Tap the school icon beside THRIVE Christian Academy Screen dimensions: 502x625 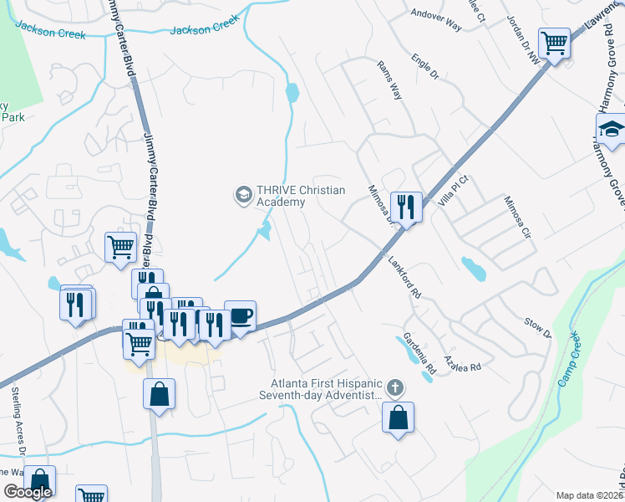click(x=243, y=195)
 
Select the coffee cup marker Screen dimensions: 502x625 click(x=240, y=317)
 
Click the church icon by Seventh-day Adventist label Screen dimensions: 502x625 click(x=395, y=387)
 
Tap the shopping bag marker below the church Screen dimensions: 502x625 click(x=398, y=417)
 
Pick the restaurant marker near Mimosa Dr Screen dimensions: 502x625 click(x=406, y=206)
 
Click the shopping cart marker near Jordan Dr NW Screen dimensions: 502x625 click(x=554, y=41)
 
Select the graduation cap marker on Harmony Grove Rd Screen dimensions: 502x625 click(x=611, y=130)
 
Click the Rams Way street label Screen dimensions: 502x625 click(x=389, y=80)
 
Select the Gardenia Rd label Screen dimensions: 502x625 click(x=419, y=355)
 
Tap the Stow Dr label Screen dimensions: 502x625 click(x=537, y=327)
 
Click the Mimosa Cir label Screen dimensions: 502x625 click(x=516, y=216)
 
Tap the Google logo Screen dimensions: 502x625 click(x=28, y=492)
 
